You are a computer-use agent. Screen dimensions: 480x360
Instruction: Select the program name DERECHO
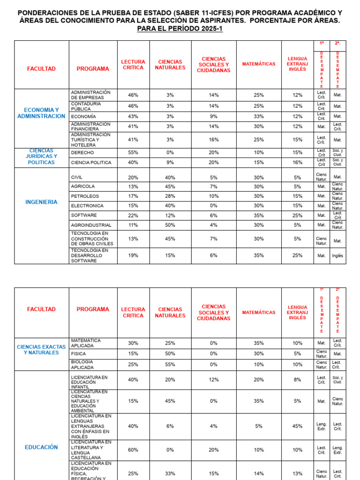(x=82, y=153)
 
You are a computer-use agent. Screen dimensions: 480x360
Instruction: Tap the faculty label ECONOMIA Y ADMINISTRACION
(x=41, y=113)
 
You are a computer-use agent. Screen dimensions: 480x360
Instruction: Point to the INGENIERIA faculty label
(x=41, y=202)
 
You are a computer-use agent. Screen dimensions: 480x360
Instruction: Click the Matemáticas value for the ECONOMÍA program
(x=259, y=116)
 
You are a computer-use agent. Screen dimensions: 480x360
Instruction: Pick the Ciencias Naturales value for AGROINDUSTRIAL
(x=170, y=225)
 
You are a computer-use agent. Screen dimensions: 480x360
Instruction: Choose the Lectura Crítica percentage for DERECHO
(x=133, y=153)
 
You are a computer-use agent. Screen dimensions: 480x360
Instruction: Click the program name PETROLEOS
(x=85, y=196)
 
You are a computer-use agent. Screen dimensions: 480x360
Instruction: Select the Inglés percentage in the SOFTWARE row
(x=298, y=215)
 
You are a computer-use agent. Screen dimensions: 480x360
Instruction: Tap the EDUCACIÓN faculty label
(x=41, y=447)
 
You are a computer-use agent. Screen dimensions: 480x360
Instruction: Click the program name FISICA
(x=78, y=354)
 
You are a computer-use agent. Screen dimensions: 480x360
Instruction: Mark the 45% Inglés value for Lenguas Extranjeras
(x=298, y=426)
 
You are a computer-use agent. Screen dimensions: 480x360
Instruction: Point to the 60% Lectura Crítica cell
(x=133, y=450)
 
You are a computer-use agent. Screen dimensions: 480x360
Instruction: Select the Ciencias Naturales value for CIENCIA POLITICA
(x=170, y=163)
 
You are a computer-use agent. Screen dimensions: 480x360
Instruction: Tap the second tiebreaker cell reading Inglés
(x=337, y=256)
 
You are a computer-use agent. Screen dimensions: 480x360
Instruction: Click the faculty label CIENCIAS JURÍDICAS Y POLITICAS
(x=41, y=157)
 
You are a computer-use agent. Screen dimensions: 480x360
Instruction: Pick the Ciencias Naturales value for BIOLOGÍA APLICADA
(x=170, y=365)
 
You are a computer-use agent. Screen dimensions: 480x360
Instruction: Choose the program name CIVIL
(x=76, y=178)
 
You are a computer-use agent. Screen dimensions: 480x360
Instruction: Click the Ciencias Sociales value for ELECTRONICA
(x=214, y=206)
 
